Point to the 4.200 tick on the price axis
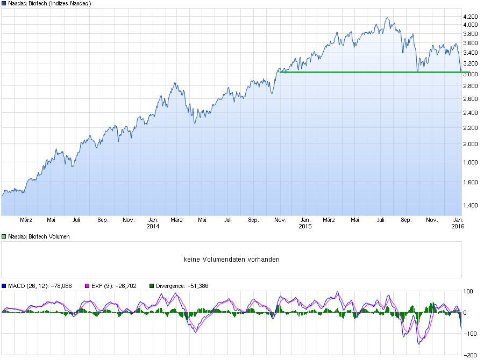(470, 16)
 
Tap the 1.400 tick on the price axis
(470, 205)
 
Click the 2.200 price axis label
(470, 128)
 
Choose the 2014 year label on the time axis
(153, 226)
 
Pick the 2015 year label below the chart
(305, 226)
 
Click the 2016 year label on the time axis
(458, 226)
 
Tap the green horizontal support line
(371, 72)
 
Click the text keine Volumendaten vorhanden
(231, 260)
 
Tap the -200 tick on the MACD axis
(468, 355)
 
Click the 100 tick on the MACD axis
(468, 291)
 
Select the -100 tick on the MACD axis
(468, 334)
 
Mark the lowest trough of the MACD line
(418, 343)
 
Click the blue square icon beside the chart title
(4, 4)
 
